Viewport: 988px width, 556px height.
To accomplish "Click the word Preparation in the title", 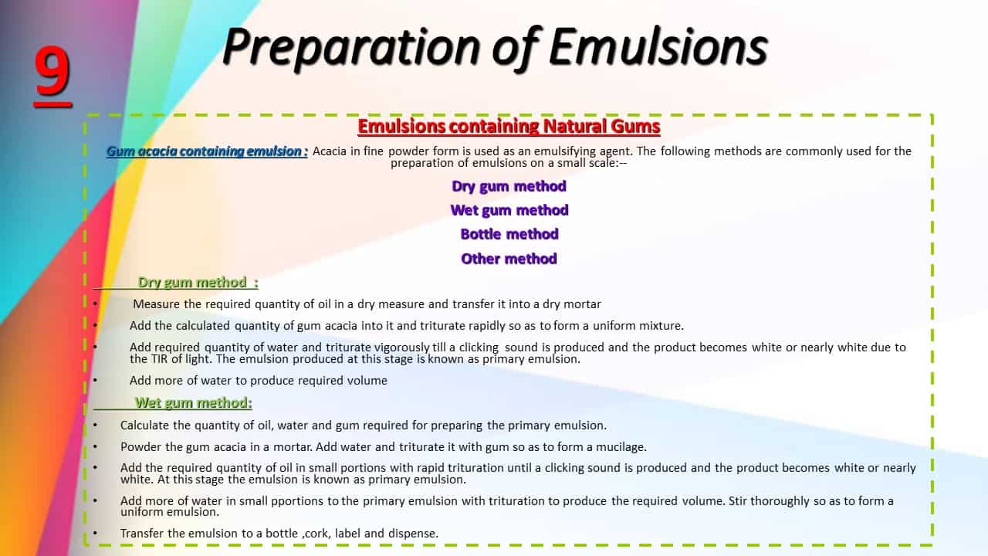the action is [351, 48].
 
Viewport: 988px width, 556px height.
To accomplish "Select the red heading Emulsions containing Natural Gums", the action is [509, 127].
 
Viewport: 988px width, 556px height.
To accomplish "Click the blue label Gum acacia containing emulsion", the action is [207, 151].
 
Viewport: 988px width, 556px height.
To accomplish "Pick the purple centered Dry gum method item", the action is [509, 186].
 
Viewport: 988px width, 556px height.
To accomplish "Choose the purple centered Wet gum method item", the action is [509, 210].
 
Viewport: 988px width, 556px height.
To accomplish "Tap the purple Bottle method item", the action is [509, 234].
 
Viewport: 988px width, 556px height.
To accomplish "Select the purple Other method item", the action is [509, 259].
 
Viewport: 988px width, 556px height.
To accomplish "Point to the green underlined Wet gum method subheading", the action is [194, 402].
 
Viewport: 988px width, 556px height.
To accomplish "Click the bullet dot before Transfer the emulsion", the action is [96, 533].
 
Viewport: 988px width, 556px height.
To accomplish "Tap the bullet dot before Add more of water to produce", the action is [96, 380].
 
